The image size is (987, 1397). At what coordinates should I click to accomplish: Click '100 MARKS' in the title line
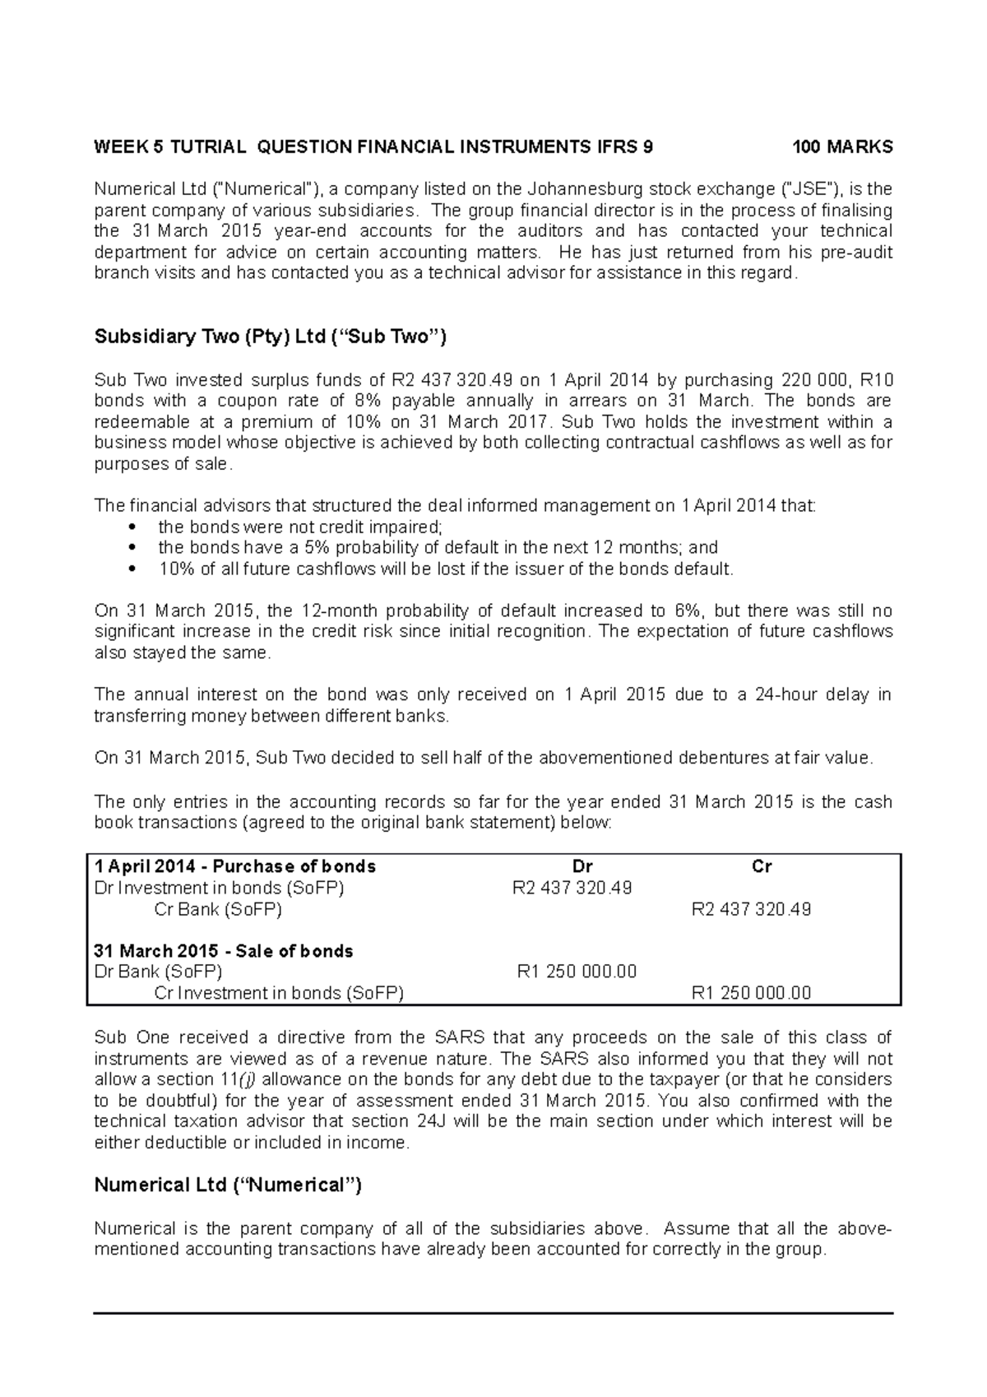pos(841,147)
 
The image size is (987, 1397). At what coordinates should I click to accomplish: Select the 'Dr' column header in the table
pos(582,866)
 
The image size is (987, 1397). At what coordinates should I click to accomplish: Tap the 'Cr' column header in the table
pos(762,866)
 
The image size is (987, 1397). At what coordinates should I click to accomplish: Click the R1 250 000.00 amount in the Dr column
pos(577,972)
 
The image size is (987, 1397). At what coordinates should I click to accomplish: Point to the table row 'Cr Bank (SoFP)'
pos(218,909)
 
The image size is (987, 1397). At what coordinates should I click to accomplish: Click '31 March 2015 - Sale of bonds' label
pos(224,951)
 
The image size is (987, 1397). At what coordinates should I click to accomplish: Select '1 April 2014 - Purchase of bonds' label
pos(235,866)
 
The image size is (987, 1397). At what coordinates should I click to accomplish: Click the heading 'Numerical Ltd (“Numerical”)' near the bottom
pos(228,1185)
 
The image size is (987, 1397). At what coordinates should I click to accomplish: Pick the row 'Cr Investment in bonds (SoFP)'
pos(279,993)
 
